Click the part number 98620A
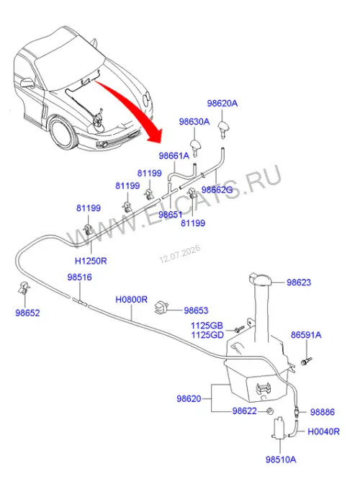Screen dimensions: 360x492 (222, 103)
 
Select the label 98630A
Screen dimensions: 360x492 (194, 122)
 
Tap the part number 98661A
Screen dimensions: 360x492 (174, 156)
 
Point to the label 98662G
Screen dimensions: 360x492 (217, 189)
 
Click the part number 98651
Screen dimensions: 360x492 (170, 215)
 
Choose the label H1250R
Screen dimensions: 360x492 (91, 261)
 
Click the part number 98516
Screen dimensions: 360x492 (80, 277)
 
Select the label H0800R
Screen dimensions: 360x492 (131, 300)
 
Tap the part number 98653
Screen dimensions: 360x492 (196, 310)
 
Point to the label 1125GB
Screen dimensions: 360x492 (207, 326)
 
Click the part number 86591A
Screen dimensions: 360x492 (306, 335)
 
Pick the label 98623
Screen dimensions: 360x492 (299, 282)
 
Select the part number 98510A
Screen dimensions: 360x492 (281, 460)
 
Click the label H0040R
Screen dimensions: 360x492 (323, 431)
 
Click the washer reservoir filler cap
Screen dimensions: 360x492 (261, 279)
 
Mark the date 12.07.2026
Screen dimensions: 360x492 (180, 254)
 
